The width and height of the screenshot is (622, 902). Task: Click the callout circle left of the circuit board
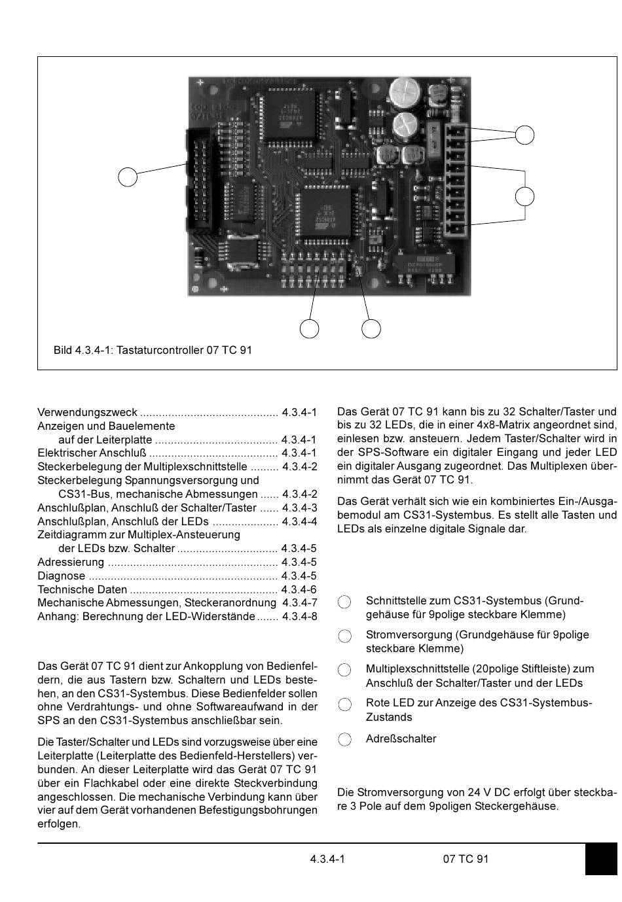tap(128, 177)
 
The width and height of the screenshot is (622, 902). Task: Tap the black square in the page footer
tap(600, 859)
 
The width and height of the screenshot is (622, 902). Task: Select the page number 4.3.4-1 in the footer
tap(327, 859)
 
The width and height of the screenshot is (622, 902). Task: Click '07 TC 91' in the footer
tap(466, 859)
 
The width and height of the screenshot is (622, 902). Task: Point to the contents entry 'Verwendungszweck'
tap(87, 412)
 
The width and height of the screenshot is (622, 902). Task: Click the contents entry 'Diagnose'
tap(62, 576)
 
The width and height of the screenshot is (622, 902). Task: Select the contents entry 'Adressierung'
tap(71, 562)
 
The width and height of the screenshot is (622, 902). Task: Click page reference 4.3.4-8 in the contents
tap(299, 617)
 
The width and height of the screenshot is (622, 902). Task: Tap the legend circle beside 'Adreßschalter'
tap(344, 739)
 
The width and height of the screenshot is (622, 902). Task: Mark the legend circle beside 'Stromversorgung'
tap(344, 636)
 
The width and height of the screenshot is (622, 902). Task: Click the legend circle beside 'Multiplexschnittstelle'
tap(344, 670)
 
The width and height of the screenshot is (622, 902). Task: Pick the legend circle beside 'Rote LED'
tap(344, 704)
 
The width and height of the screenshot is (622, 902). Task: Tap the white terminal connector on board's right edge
tap(456, 180)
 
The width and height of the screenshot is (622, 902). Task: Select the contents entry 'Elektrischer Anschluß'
tap(92, 453)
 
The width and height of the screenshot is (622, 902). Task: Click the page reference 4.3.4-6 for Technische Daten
tap(299, 589)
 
